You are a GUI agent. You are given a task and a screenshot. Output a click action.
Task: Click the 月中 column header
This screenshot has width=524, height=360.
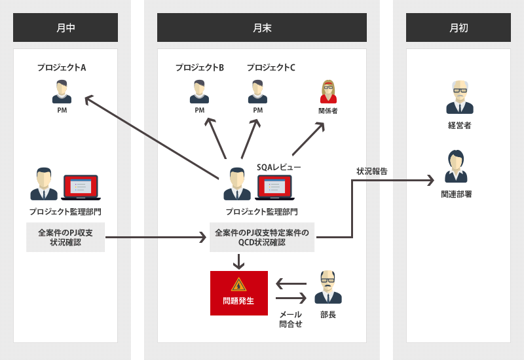pyautogui.click(x=65, y=27)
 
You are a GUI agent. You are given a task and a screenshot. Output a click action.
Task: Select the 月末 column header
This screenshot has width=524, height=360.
pyautogui.click(x=262, y=27)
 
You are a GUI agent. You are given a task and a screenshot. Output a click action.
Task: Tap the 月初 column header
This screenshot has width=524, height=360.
pyautogui.click(x=458, y=27)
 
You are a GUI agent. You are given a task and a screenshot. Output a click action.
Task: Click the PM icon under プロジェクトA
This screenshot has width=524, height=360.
pyautogui.click(x=62, y=92)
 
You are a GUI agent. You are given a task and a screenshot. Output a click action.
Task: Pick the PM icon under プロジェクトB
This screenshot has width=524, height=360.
pyautogui.click(x=199, y=92)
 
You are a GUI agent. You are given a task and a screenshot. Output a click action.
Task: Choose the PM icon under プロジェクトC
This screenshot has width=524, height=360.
pyautogui.click(x=257, y=92)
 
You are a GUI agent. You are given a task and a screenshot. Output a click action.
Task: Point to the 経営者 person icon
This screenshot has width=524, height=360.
pyautogui.click(x=459, y=98)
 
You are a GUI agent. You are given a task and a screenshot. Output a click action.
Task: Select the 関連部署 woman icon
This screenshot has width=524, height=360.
pyautogui.click(x=456, y=167)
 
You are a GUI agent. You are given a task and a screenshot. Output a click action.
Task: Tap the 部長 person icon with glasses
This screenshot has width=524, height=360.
pyautogui.click(x=327, y=287)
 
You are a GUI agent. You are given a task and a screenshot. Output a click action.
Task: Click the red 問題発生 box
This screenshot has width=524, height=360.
pyautogui.click(x=238, y=293)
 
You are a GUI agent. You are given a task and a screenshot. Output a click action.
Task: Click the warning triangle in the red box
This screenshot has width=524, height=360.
pyautogui.click(x=238, y=284)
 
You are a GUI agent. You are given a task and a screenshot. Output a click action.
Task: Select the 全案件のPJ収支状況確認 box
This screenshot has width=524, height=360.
pyautogui.click(x=65, y=237)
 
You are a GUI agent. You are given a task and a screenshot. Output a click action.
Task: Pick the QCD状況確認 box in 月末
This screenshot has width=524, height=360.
pyautogui.click(x=262, y=237)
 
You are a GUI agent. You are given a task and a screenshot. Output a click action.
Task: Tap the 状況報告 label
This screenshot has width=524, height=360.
pyautogui.click(x=371, y=171)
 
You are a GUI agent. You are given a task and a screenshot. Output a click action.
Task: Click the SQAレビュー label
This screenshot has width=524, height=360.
pyautogui.click(x=278, y=167)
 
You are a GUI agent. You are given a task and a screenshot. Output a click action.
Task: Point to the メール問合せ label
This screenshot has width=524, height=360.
pyautogui.click(x=290, y=319)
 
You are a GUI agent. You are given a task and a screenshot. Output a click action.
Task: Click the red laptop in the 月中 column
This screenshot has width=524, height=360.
pyautogui.click(x=81, y=187)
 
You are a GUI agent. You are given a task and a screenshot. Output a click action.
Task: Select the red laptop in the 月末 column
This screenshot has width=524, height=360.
pyautogui.click(x=274, y=187)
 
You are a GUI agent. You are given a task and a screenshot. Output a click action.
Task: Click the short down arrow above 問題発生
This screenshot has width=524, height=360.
pyautogui.click(x=238, y=262)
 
